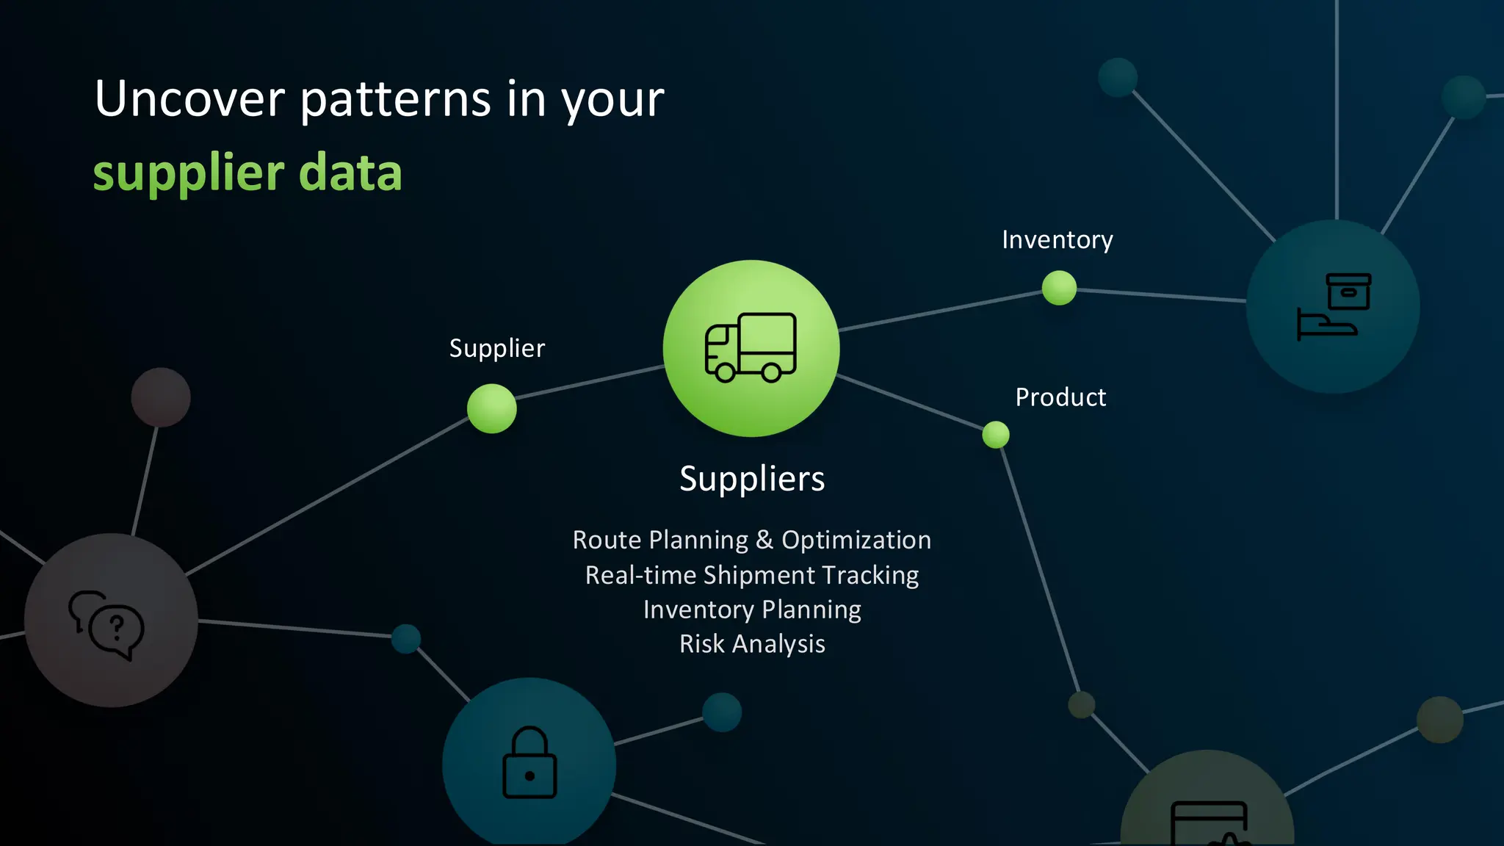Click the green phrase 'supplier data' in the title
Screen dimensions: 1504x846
[247, 173]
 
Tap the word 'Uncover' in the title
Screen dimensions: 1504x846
[189, 99]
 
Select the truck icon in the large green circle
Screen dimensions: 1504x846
[751, 347]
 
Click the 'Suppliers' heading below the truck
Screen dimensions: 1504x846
[752, 479]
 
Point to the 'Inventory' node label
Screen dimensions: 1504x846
[1057, 240]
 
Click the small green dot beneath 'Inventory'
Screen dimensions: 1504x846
[1059, 287]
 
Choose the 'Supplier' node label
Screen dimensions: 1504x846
[497, 348]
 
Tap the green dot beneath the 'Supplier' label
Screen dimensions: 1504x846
[491, 408]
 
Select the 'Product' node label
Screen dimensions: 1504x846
[1060, 397]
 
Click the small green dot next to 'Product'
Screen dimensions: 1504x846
[996, 435]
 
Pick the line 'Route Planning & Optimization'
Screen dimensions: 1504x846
[752, 540]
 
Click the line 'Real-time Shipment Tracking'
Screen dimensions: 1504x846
[752, 575]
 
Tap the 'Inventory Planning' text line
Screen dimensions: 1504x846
[752, 610]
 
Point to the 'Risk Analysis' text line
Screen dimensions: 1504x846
[752, 644]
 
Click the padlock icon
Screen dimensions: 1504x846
[529, 763]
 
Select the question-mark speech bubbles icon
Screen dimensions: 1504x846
[107, 624]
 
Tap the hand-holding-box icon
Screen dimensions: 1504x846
[1334, 306]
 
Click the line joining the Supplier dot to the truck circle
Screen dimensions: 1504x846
[590, 383]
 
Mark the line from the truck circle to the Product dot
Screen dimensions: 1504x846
[911, 402]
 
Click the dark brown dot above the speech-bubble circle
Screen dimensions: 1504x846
[161, 397]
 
